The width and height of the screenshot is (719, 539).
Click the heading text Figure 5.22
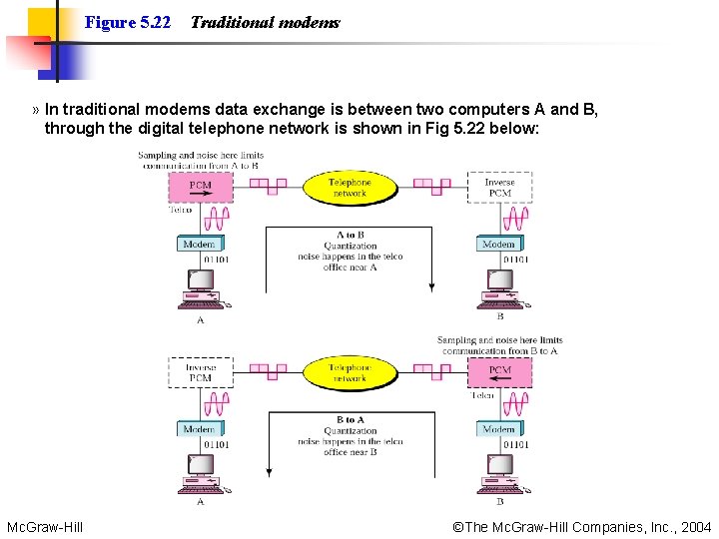(128, 22)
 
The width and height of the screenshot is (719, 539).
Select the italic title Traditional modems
(265, 22)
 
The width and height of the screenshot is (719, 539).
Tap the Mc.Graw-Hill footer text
(45, 527)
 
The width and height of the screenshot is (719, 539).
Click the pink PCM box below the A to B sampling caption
(200, 186)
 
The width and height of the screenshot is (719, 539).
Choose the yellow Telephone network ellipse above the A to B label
(350, 188)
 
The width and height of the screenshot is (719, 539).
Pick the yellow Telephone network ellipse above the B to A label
(350, 372)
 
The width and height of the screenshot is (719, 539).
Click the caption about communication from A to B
(200, 160)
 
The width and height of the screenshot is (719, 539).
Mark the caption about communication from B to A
(499, 345)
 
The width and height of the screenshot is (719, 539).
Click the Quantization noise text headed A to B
(350, 251)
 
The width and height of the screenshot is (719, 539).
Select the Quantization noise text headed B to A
(350, 436)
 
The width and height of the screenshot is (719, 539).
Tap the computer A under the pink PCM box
(200, 290)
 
